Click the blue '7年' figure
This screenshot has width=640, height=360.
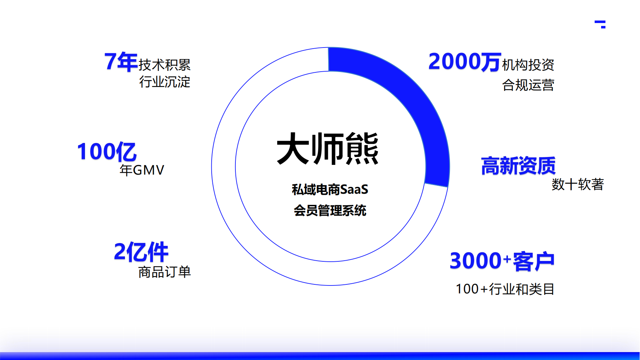pyautogui.click(x=121, y=62)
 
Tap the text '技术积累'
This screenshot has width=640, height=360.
pyautogui.click(x=164, y=65)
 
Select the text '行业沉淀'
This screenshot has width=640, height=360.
pyautogui.click(x=164, y=82)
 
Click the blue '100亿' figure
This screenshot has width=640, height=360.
pyautogui.click(x=107, y=152)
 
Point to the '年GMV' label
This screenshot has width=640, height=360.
pyautogui.click(x=142, y=170)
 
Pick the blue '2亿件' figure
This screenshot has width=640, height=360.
pyautogui.click(x=141, y=252)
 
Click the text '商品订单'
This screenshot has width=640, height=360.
pyautogui.click(x=164, y=272)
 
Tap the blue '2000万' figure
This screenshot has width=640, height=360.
pyautogui.click(x=464, y=62)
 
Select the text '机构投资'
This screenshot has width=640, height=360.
pyautogui.click(x=528, y=65)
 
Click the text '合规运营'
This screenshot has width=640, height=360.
pyautogui.click(x=528, y=85)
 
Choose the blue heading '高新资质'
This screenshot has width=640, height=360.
pyautogui.click(x=518, y=166)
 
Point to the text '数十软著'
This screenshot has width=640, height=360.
pyautogui.click(x=577, y=184)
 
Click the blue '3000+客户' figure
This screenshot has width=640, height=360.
pyautogui.click(x=502, y=261)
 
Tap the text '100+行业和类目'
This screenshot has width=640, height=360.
pyautogui.click(x=505, y=289)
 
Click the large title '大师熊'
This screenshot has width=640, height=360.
pyautogui.click(x=328, y=149)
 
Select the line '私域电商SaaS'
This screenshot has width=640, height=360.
pyautogui.click(x=330, y=190)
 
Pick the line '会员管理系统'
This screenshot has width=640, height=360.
pyautogui.click(x=330, y=211)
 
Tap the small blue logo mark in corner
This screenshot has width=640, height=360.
pyautogui.click(x=600, y=24)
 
